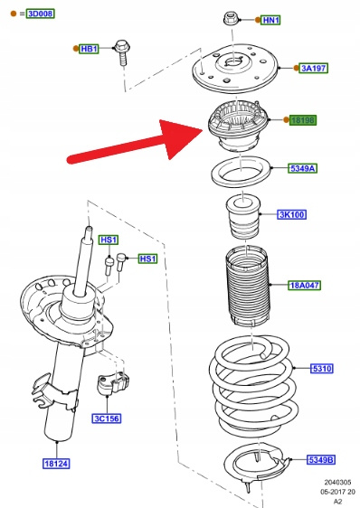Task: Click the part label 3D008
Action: (41, 14)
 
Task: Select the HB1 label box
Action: (89, 49)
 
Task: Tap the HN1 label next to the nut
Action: (270, 20)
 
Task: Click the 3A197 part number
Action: (314, 68)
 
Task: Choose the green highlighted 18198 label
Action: (303, 120)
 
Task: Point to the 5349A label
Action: (302, 168)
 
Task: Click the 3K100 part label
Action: (292, 214)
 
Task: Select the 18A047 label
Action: (304, 285)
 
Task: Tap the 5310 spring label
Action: (322, 369)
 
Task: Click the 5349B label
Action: (321, 460)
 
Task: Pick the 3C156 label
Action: (107, 419)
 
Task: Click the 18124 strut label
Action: (56, 464)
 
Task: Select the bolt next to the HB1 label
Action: (122, 52)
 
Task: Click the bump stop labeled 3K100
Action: (243, 216)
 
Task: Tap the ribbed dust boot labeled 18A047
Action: (248, 286)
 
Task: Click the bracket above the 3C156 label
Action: (113, 384)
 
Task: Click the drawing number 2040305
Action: (337, 483)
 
